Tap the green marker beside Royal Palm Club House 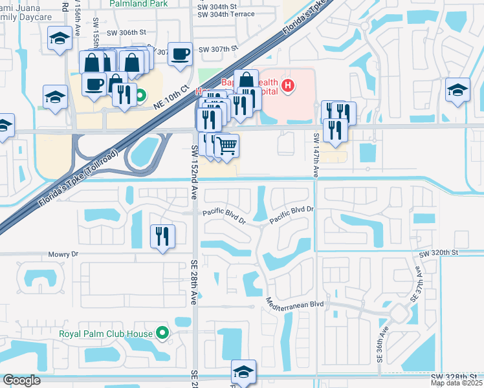coord(162,334)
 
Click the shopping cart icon coord(226,145)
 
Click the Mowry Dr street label coord(63,255)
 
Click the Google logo coord(21,380)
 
